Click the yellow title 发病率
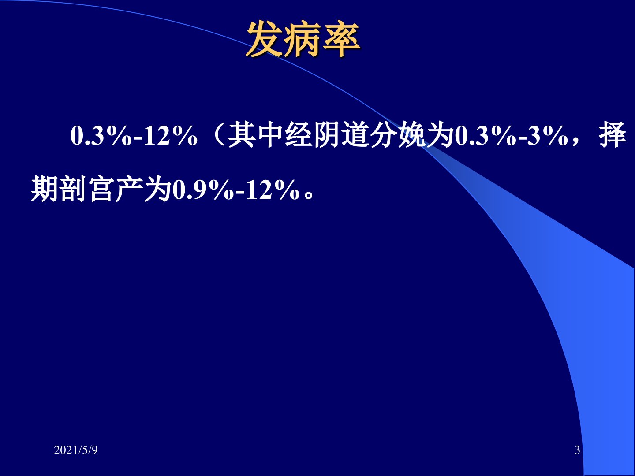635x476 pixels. click(303, 39)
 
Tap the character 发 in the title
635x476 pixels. click(264, 39)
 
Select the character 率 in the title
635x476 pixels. click(342, 39)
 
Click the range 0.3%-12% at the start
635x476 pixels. click(134, 136)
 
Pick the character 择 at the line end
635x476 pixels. click(612, 135)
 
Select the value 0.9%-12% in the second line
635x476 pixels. click(236, 190)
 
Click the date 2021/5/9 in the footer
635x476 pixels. click(75, 450)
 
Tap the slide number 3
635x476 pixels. click(577, 450)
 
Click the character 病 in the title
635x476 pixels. click(303, 39)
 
